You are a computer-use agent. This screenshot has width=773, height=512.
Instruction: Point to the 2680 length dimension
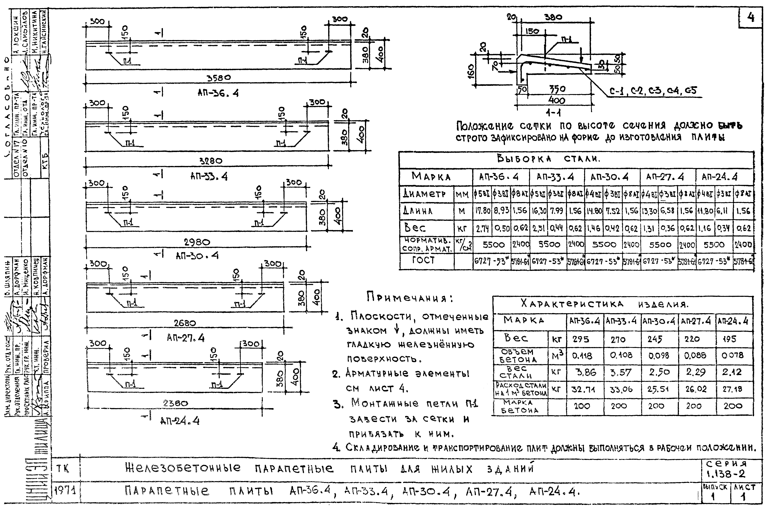click(185, 323)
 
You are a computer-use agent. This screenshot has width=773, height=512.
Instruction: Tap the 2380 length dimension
click(175, 403)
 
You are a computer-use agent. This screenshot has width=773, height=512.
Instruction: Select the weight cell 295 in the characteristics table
click(581, 339)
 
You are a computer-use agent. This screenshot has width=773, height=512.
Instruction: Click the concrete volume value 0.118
click(582, 356)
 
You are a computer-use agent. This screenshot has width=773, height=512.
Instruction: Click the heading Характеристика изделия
click(604, 304)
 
